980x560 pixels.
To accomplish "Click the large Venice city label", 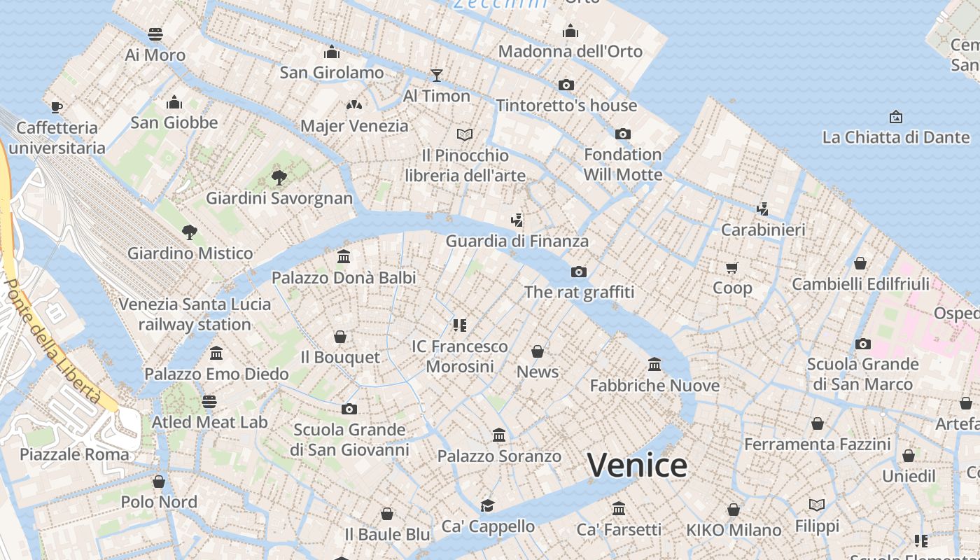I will [x=637, y=465].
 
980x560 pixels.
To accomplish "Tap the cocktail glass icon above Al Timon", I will [x=437, y=75].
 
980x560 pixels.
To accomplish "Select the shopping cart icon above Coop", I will [x=732, y=267].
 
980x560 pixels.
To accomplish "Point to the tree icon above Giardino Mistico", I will [x=189, y=232].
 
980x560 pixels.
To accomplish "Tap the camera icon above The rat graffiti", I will [x=578, y=272].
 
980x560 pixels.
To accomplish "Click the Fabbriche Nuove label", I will [x=654, y=386].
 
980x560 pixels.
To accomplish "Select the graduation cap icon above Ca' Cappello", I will [x=487, y=505].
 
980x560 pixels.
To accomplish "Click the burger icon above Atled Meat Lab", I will [x=209, y=402].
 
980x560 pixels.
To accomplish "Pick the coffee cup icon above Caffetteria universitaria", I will [x=57, y=107].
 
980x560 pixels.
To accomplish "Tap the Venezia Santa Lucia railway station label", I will [x=195, y=314].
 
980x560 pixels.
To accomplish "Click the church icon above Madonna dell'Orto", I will [x=570, y=31].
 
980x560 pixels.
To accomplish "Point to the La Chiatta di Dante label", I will [x=895, y=137].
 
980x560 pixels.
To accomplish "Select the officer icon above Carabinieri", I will [x=763, y=209].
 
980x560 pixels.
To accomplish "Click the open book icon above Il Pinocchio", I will [x=465, y=134].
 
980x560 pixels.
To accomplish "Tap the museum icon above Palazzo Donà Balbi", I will [x=344, y=257].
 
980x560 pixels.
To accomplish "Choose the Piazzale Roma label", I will [x=74, y=454].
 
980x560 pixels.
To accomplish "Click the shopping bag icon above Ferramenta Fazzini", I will [x=817, y=423].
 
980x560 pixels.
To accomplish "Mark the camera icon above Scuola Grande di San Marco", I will [x=863, y=344].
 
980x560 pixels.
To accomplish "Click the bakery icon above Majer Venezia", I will [x=354, y=105].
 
